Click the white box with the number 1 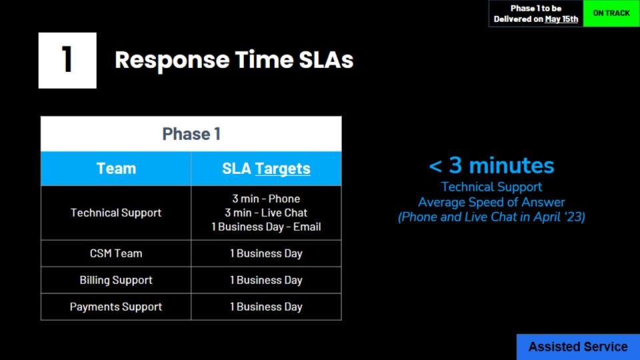point(67,60)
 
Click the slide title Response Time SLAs point(234,60)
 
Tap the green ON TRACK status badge point(611,13)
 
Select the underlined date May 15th point(561,19)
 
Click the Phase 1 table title point(191,134)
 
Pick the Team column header point(116,169)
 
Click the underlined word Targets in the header point(283,169)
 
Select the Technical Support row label point(116,213)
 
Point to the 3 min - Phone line point(266,199)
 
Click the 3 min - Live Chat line point(266,213)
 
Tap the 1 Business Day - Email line point(266,227)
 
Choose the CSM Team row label point(116,253)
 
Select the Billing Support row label point(116,280)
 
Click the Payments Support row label point(116,307)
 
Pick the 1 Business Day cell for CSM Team point(266,253)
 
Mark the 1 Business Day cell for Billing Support point(266,280)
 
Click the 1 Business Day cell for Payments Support point(266,307)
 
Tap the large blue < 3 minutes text point(491,165)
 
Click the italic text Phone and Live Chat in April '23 point(491,217)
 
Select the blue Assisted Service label point(577,347)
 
